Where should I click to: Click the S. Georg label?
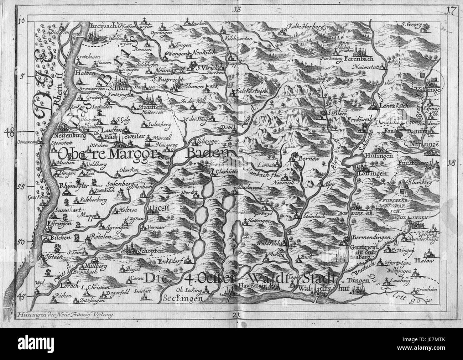[x=412, y=25]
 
